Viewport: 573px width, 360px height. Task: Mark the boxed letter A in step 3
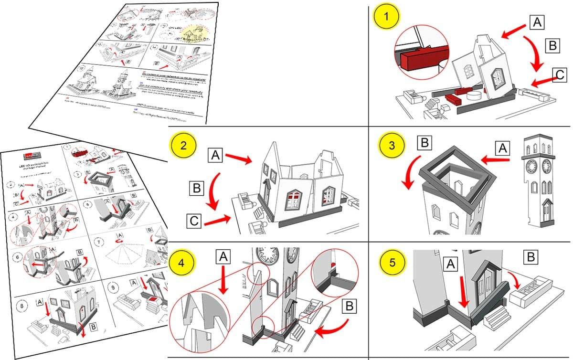tap(501, 149)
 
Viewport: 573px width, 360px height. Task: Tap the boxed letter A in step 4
tap(223, 257)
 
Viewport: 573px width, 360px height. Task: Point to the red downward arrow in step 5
tap(462, 290)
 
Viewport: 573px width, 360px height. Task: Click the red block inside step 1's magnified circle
tap(415, 59)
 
